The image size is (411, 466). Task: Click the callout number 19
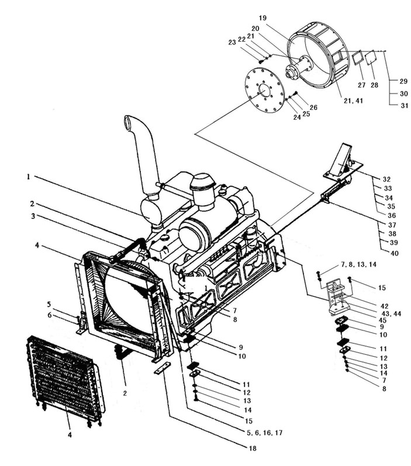click(263, 18)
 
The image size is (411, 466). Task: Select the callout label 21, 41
click(353, 101)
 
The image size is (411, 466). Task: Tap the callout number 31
click(405, 105)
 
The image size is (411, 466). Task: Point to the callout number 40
click(395, 253)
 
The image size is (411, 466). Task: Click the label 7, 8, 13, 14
click(358, 264)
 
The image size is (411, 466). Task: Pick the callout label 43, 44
click(391, 313)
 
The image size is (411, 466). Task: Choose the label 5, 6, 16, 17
click(264, 433)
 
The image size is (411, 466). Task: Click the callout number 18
click(253, 448)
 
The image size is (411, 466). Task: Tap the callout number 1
click(29, 177)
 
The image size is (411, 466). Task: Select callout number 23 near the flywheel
click(232, 43)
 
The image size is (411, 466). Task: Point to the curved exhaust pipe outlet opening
click(127, 121)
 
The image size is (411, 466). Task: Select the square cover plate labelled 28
click(370, 57)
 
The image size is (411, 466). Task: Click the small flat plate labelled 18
click(162, 368)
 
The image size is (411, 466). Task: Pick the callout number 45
click(382, 320)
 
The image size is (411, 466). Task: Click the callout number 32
click(386, 179)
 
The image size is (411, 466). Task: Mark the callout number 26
click(313, 108)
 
